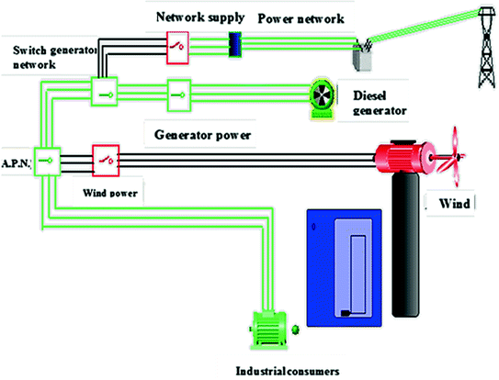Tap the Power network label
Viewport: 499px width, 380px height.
tap(301, 18)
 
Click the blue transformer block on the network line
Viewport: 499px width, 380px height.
tap(234, 43)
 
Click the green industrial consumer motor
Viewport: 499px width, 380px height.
tap(268, 330)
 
